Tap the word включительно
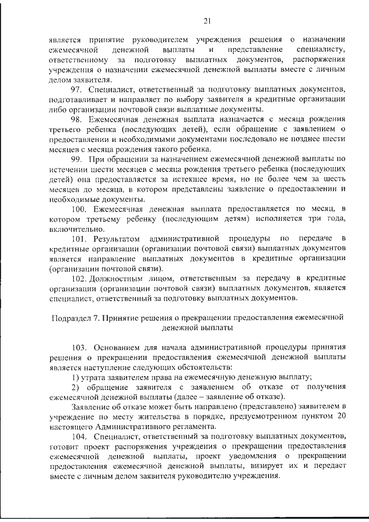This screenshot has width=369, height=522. coord(76,228)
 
